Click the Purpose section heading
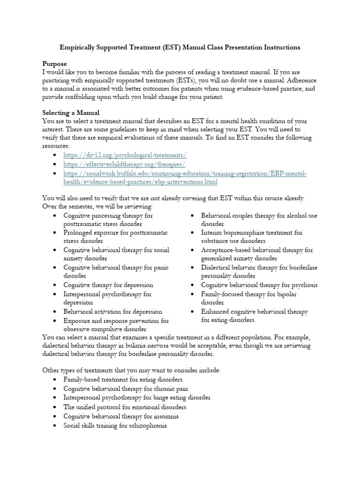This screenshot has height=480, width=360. pyautogui.click(x=54, y=63)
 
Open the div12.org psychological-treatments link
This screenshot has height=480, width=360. pyautogui.click(x=126, y=155)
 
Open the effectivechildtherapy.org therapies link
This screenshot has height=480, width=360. pyautogui.click(x=125, y=164)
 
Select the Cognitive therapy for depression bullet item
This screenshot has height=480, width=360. pyautogui.click(x=108, y=285)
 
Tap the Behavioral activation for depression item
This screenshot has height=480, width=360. pyautogui.click(x=113, y=311)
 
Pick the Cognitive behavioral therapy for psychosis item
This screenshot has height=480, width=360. pyautogui.click(x=259, y=285)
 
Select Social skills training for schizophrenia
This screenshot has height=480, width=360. pyautogui.click(x=115, y=426)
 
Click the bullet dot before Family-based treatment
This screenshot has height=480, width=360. pyautogui.click(x=55, y=379)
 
